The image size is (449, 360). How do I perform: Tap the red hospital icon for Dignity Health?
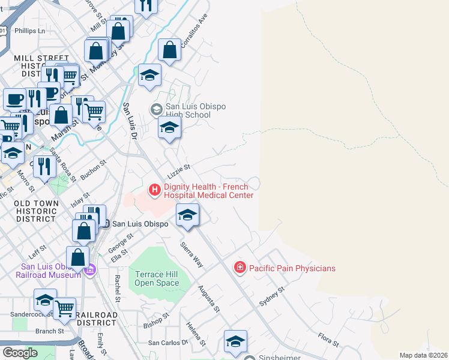pos(155,191)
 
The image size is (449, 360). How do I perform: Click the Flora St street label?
pos(329,340)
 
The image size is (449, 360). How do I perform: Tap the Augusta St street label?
pos(209,299)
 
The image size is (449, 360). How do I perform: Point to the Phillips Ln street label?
pos(30,30)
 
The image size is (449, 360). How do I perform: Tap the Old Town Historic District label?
pos(37,212)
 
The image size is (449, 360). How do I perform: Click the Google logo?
pos(20,352)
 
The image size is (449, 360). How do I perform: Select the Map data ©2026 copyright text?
pos(423,355)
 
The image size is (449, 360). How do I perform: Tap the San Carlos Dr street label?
pos(168,343)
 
